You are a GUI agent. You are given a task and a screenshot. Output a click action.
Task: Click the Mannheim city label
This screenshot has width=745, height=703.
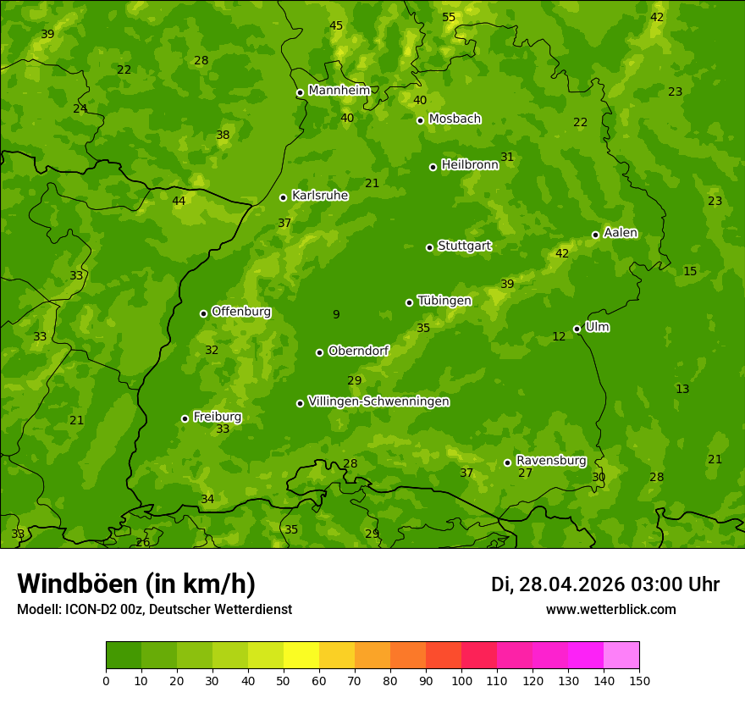click(x=339, y=91)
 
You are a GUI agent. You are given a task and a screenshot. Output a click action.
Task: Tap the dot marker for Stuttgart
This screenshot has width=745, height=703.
click(x=429, y=247)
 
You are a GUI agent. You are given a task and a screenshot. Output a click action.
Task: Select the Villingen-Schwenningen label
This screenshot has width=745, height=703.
click(x=378, y=401)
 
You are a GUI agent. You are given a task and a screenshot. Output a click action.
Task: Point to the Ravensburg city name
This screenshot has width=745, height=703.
click(x=550, y=461)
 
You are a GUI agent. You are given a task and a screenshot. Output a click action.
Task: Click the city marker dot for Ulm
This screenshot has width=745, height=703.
click(x=577, y=329)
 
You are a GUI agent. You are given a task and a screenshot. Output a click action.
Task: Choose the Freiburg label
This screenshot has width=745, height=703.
click(x=217, y=417)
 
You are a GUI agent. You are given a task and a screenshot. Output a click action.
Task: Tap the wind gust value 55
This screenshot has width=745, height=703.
click(x=449, y=18)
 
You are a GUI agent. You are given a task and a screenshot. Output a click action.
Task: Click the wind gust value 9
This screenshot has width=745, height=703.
click(x=336, y=315)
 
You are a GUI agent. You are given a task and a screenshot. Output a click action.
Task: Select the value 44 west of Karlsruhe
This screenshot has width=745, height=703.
click(x=179, y=202)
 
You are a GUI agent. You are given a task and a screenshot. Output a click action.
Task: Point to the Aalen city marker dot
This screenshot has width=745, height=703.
click(x=595, y=235)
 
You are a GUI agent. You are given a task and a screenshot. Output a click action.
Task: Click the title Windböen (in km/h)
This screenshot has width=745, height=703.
click(x=136, y=584)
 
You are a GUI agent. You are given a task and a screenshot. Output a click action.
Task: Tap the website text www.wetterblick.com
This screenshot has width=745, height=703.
click(x=610, y=610)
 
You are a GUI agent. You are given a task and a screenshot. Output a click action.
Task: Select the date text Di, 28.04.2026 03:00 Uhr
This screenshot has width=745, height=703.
click(x=604, y=584)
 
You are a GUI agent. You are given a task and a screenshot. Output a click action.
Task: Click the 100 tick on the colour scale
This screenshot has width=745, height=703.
click(x=461, y=680)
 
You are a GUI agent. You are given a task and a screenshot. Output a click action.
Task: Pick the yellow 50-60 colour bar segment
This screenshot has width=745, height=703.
click(x=301, y=655)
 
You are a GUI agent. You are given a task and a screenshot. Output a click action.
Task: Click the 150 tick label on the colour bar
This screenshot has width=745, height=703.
click(x=639, y=680)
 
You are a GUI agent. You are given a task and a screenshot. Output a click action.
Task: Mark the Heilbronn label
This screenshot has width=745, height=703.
click(x=470, y=165)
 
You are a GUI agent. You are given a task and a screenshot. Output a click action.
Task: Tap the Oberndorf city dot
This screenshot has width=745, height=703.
click(x=319, y=352)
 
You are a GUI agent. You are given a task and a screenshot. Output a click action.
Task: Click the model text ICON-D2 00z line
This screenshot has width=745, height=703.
click(x=154, y=610)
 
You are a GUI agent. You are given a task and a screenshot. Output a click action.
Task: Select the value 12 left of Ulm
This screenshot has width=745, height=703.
click(x=559, y=337)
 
